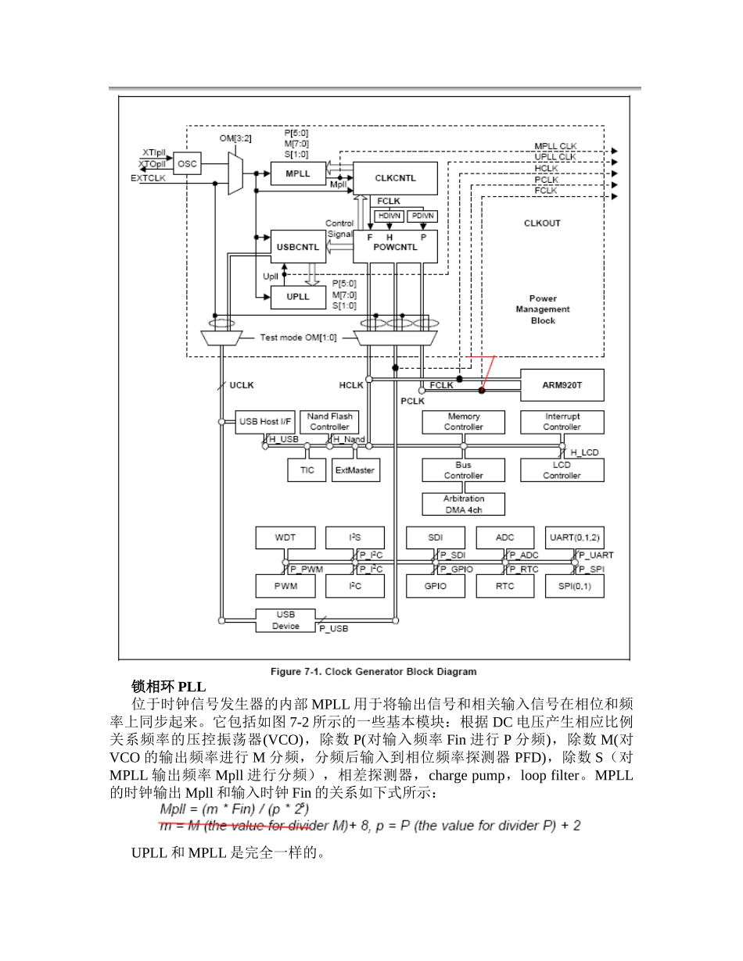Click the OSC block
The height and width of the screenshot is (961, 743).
coord(187,164)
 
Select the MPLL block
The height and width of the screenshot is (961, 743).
coord(298,173)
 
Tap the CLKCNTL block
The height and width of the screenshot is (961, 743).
coord(395,178)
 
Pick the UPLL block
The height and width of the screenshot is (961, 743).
coord(298,297)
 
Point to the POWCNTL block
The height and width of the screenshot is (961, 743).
coord(395,247)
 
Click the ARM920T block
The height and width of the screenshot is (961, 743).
coord(562,384)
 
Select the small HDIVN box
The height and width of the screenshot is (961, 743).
coord(389,216)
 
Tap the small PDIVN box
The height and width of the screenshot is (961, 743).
coord(422,216)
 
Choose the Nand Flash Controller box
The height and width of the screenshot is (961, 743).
coord(329,422)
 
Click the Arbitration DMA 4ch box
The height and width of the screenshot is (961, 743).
coord(463,504)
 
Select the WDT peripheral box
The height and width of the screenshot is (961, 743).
coord(285,538)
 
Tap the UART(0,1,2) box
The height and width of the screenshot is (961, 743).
coord(573,538)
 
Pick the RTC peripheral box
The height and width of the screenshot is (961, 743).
coord(505,586)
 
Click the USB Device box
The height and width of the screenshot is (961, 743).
coord(285,620)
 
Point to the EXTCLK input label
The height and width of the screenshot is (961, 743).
coord(148,178)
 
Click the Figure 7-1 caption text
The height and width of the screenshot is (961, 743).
coord(373,671)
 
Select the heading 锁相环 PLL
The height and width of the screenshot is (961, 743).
coord(168,687)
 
